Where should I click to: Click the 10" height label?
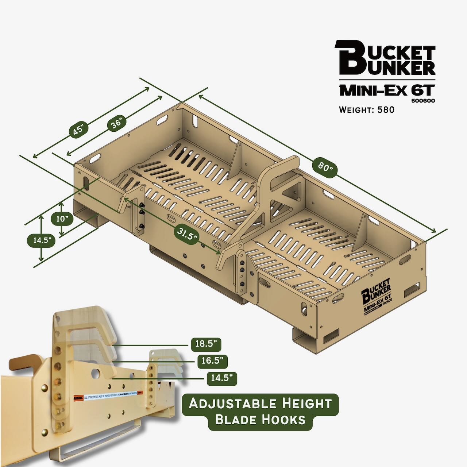[x=62, y=219]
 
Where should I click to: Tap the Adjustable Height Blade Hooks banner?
[x=260, y=411]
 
